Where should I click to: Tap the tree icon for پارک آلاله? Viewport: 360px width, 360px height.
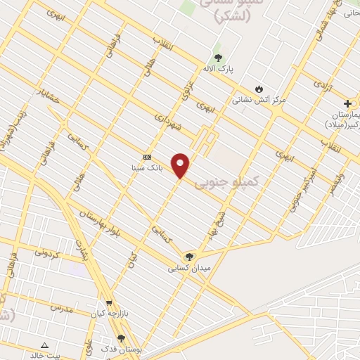coord(217,58)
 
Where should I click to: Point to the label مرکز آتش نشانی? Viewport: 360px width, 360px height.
coord(259,100)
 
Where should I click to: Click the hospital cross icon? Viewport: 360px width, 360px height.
coord(347,103)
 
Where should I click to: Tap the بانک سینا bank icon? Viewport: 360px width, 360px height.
coord(147,157)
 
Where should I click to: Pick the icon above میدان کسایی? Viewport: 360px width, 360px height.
coord(188,257)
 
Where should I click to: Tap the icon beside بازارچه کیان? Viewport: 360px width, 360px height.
coord(99,305)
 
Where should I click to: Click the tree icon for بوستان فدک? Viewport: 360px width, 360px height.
coord(122,338)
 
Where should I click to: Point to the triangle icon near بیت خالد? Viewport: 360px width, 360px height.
coord(45,345)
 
